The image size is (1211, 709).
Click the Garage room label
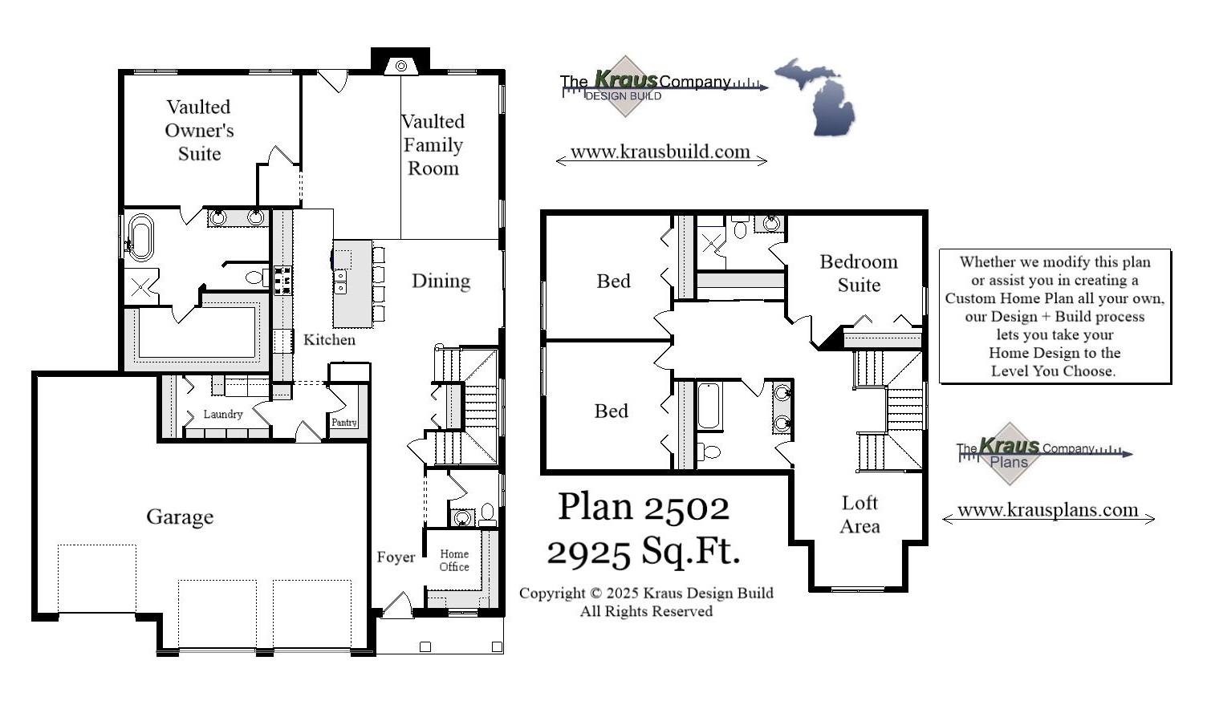click(x=180, y=517)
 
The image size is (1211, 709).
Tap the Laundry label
click(x=222, y=415)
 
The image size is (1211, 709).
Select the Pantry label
click(x=344, y=422)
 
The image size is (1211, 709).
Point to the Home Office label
click(x=454, y=560)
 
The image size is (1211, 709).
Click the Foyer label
click(x=396, y=557)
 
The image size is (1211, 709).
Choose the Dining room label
click(x=441, y=281)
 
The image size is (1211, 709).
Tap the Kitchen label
click(x=329, y=339)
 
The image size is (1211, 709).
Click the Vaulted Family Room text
click(x=433, y=145)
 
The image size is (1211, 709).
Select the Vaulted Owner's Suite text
click(x=199, y=130)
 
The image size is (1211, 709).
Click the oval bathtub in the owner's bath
click(x=141, y=237)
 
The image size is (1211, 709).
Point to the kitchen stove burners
click(x=282, y=281)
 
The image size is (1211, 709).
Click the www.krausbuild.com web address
click(x=660, y=152)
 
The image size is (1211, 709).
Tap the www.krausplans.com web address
click(x=1047, y=510)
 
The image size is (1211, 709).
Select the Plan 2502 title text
click(x=644, y=507)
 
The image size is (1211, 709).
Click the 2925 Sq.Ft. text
click(x=644, y=551)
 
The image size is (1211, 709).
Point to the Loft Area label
click(x=859, y=514)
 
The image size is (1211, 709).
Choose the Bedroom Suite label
click(x=859, y=273)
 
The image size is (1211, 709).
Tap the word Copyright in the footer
click(x=552, y=594)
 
